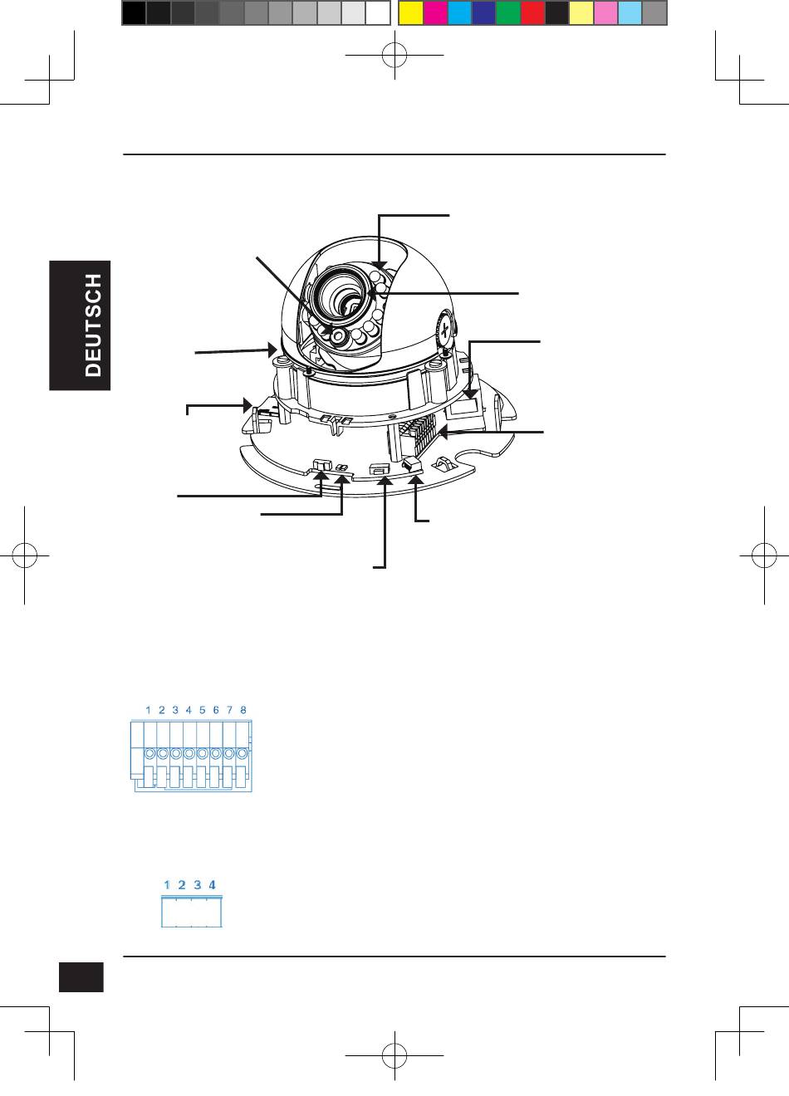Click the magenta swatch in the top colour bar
click(x=435, y=13)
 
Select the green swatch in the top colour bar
click(x=508, y=13)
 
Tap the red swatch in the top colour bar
click(x=532, y=13)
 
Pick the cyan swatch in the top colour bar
click(x=459, y=13)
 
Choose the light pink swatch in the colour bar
click(x=605, y=13)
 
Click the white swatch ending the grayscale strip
click(x=378, y=13)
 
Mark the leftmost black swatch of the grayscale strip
click(x=134, y=13)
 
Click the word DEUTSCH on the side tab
click(x=93, y=325)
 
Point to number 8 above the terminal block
click(x=243, y=710)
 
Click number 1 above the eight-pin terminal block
click(x=149, y=710)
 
